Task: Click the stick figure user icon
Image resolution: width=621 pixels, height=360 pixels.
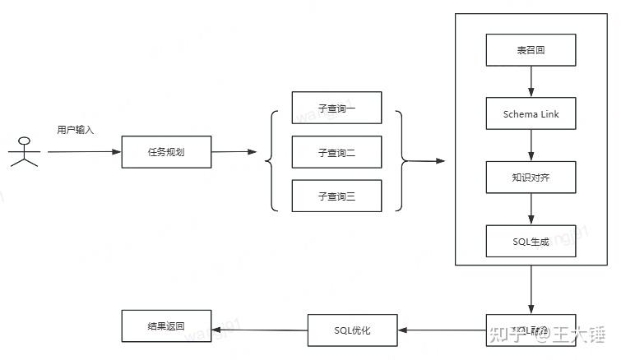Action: (24, 150)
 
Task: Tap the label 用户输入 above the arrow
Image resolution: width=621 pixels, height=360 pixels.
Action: (76, 130)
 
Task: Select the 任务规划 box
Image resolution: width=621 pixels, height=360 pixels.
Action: (166, 152)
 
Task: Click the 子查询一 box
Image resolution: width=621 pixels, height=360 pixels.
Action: (336, 108)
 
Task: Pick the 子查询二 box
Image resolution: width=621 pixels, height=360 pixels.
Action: (336, 152)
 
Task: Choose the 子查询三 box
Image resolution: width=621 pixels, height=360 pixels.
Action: (336, 196)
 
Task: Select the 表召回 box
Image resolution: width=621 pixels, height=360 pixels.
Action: (531, 51)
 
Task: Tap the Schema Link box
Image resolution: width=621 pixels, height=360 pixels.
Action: (531, 114)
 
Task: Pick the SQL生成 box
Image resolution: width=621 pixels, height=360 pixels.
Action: (531, 241)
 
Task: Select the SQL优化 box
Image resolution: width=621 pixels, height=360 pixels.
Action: (352, 330)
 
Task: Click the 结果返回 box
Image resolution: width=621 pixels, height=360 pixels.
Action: (166, 326)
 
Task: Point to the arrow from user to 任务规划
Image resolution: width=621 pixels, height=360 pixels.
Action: (84, 152)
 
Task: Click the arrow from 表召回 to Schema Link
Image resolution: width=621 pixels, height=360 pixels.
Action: (531, 82)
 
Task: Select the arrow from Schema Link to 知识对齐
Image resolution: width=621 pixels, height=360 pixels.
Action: (531, 145)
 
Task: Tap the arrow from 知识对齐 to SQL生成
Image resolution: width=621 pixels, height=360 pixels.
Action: (531, 209)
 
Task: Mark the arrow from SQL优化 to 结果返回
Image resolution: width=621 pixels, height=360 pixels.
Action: (259, 330)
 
